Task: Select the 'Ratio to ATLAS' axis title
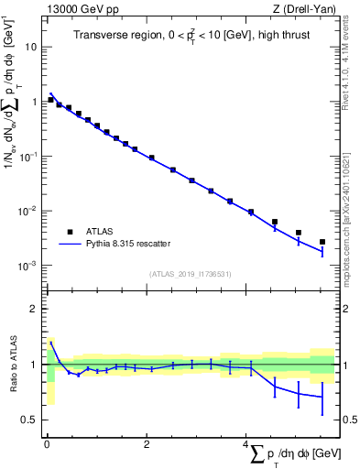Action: [x=11, y=365]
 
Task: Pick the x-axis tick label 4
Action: [x=245, y=444]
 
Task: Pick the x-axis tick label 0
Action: [x=47, y=444]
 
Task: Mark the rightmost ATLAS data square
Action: [x=322, y=242]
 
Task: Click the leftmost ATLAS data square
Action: [x=51, y=99]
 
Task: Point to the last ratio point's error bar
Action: [x=322, y=397]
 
